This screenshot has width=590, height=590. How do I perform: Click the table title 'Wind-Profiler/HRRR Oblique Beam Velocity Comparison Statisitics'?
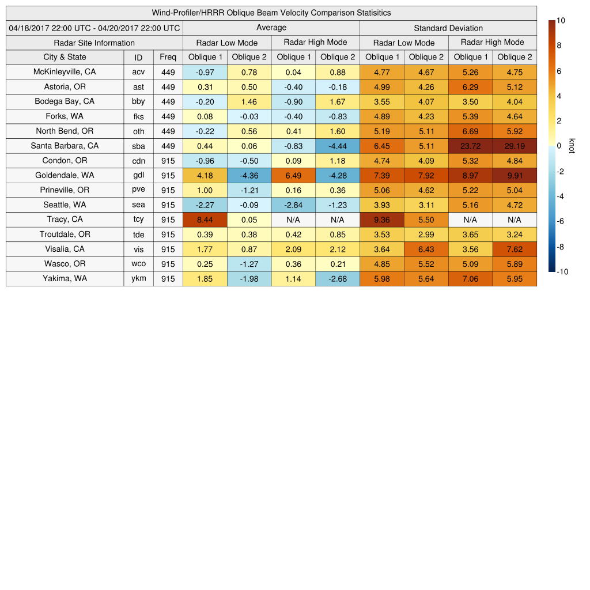pyautogui.click(x=271, y=13)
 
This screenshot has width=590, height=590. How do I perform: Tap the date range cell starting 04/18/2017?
pyautogui.click(x=94, y=28)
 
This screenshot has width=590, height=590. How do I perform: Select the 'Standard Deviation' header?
pyautogui.click(x=448, y=28)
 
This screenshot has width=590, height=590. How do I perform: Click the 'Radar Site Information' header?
pyautogui.click(x=94, y=43)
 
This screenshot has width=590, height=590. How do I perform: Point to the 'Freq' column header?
pyautogui.click(x=168, y=57)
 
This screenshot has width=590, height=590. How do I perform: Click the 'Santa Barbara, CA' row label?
pyautogui.click(x=65, y=146)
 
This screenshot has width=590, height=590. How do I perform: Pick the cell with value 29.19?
pyautogui.click(x=515, y=146)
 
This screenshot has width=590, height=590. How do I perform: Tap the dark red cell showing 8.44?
pyautogui.click(x=205, y=220)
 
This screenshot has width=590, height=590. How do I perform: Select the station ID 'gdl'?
pyautogui.click(x=138, y=175)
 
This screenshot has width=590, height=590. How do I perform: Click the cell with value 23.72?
pyautogui.click(x=470, y=146)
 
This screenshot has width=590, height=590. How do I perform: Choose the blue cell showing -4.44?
pyautogui.click(x=338, y=146)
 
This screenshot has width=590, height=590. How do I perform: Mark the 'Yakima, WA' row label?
pyautogui.click(x=65, y=278)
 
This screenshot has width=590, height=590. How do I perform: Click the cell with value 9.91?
pyautogui.click(x=515, y=175)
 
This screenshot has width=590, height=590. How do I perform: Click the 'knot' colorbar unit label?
pyautogui.click(x=572, y=146)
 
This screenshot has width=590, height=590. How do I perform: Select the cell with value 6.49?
pyautogui.click(x=293, y=175)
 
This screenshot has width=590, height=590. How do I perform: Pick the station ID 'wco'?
pyautogui.click(x=138, y=264)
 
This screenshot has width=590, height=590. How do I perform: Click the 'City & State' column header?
pyautogui.click(x=65, y=57)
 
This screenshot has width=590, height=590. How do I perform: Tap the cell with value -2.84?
pyautogui.click(x=293, y=205)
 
